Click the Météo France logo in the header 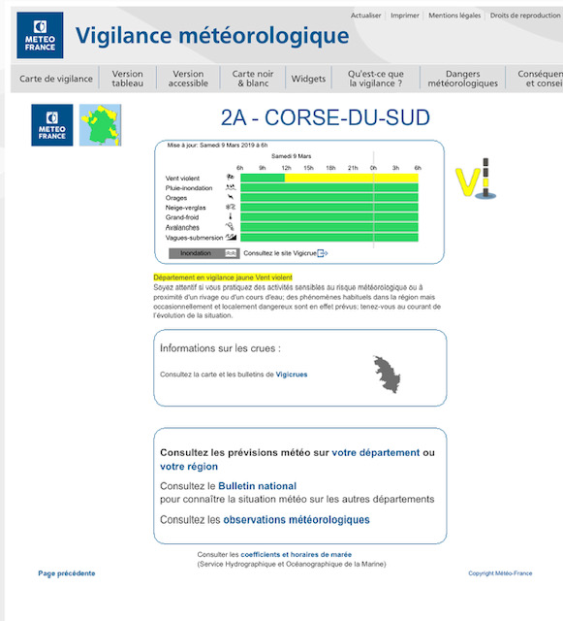click(40, 36)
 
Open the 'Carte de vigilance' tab click(56, 79)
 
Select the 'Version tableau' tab click(127, 79)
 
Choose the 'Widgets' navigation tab click(308, 79)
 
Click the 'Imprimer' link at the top click(405, 16)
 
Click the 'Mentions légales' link click(454, 16)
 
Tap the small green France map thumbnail click(100, 124)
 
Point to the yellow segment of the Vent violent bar click(351, 178)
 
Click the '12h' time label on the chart click(285, 168)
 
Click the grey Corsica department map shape click(388, 374)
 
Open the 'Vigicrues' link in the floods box click(292, 374)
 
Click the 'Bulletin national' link click(257, 485)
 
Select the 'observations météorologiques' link click(297, 520)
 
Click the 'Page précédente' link click(67, 573)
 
